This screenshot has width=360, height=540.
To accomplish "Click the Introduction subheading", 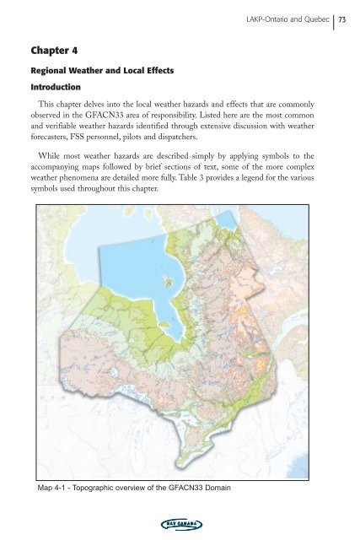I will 56,88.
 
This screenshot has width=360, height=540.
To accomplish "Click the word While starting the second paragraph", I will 54,166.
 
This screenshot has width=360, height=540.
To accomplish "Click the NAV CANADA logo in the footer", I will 180,524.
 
